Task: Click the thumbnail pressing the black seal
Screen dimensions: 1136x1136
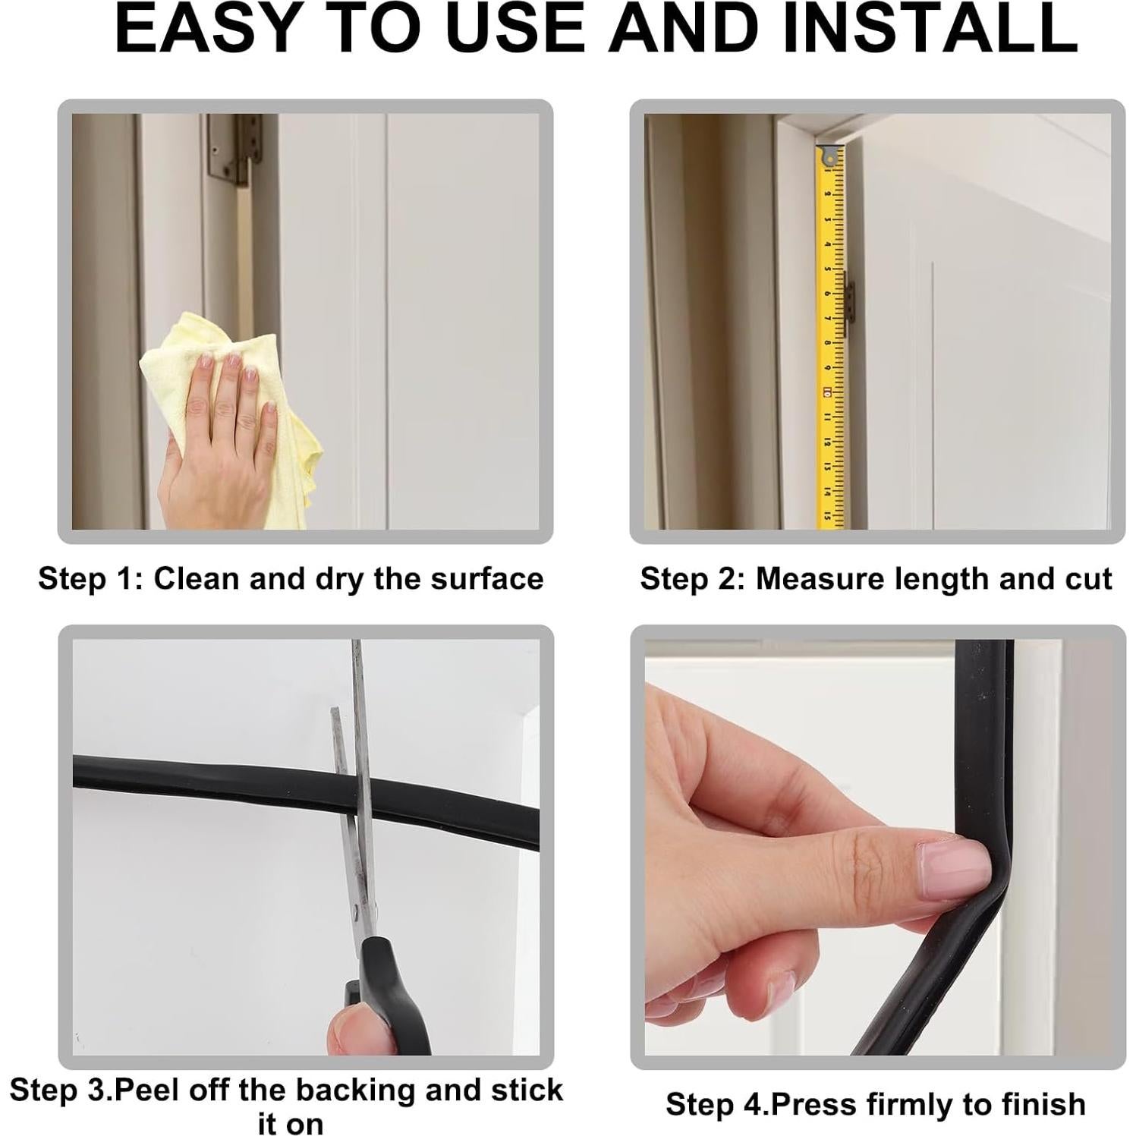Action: [952, 865]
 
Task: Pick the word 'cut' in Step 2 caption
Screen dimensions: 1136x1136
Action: [1088, 578]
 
